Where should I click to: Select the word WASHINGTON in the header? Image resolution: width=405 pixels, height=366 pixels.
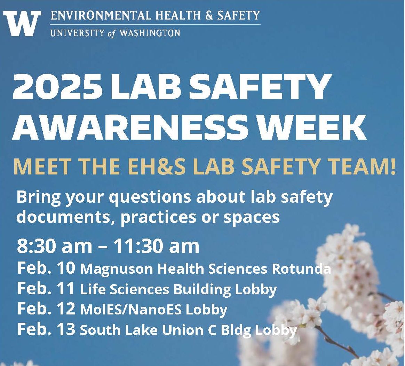pyautogui.click(x=150, y=33)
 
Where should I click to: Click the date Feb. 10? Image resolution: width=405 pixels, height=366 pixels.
pyautogui.click(x=46, y=268)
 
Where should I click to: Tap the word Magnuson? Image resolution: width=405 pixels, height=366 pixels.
pyautogui.click(x=113, y=269)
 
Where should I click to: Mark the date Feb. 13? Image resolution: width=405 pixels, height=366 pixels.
pyautogui.click(x=46, y=329)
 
